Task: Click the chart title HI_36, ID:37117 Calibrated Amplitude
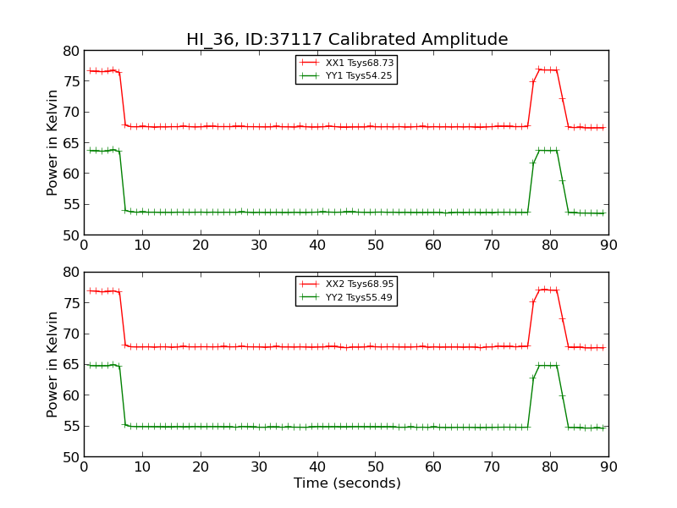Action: [347, 40]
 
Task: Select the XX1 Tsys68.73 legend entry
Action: [359, 63]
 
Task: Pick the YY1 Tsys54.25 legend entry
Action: [359, 75]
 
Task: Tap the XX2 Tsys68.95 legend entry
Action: [359, 284]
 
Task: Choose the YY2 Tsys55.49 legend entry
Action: [359, 297]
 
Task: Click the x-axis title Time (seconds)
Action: [347, 483]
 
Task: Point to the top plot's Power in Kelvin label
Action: [52, 142]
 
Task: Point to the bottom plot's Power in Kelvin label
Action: [52, 364]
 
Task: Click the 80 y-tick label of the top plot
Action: [69, 51]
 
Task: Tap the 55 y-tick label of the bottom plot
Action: [69, 427]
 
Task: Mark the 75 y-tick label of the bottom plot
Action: [69, 303]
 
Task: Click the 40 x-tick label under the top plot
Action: [317, 246]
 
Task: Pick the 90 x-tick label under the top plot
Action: [608, 246]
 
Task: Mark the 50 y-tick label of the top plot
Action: [69, 235]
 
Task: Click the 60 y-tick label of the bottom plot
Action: [69, 395]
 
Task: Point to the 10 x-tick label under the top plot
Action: [142, 246]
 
